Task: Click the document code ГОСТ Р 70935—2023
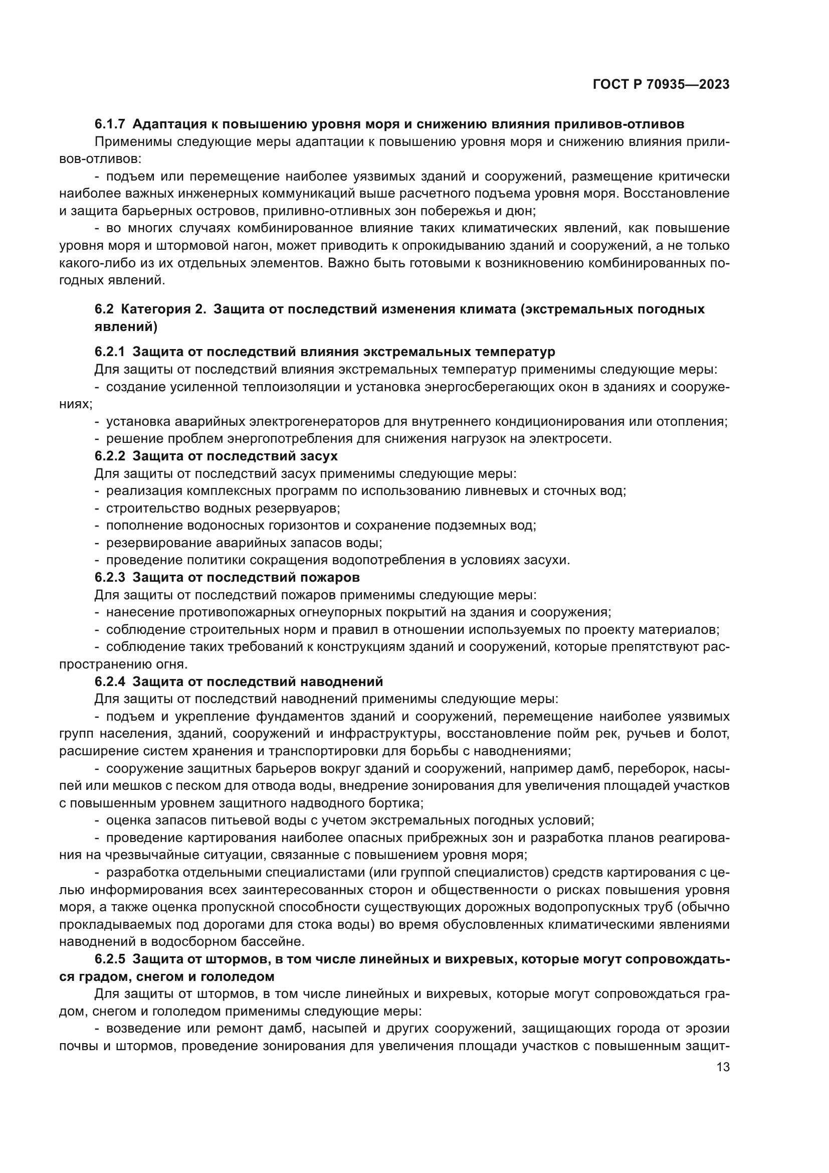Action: pyautogui.click(x=661, y=84)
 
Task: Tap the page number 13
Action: pyautogui.click(x=723, y=1082)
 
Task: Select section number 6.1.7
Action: pyautogui.click(x=110, y=124)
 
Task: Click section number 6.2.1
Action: pyautogui.click(x=110, y=352)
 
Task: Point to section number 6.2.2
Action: pyautogui.click(x=110, y=456)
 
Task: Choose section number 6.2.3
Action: pyautogui.click(x=110, y=577)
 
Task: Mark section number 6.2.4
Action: pyautogui.click(x=110, y=682)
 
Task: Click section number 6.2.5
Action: pyautogui.click(x=110, y=959)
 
